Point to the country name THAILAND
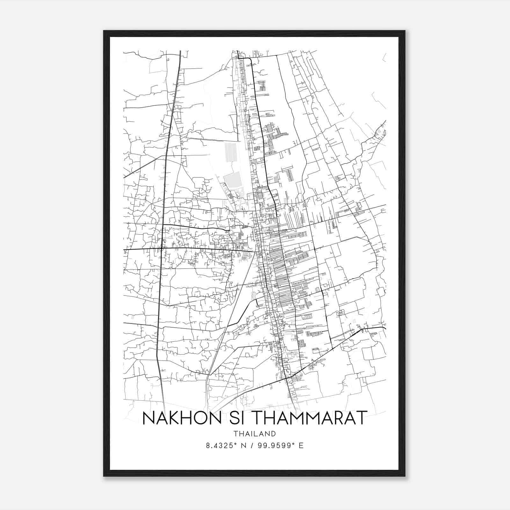tap(254, 434)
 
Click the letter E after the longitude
tap(301, 446)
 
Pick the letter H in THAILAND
tap(242, 434)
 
